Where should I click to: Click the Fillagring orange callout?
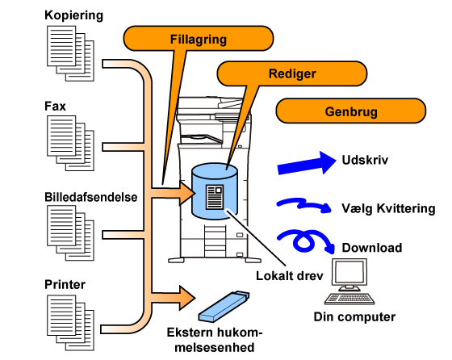[199, 39]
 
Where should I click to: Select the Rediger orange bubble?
[292, 73]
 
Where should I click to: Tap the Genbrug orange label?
[351, 111]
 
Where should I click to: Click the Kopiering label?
[73, 15]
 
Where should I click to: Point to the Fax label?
[55, 106]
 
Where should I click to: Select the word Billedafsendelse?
[90, 197]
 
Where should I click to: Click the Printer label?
[65, 284]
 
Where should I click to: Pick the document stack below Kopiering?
[71, 53]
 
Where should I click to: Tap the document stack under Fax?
[71, 143]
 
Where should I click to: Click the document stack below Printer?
[71, 323]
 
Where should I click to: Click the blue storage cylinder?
[215, 190]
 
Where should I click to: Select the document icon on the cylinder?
[215, 197]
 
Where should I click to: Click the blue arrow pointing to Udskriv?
[307, 164]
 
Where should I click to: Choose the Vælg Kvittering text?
[388, 208]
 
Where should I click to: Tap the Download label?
[372, 248]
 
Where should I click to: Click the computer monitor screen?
[349, 272]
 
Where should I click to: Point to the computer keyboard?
[349, 299]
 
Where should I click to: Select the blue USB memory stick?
[224, 306]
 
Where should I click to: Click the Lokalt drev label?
[290, 276]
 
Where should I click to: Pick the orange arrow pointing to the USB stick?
[173, 298]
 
